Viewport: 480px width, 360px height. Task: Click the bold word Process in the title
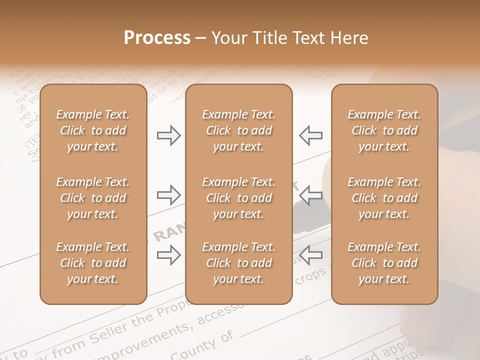pyautogui.click(x=157, y=38)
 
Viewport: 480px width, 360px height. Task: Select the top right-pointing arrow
pyautogui.click(x=169, y=135)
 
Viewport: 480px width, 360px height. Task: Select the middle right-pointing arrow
pyautogui.click(x=169, y=195)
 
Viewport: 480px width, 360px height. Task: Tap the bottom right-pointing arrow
pyautogui.click(x=169, y=255)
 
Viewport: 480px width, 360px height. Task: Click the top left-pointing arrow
pyautogui.click(x=310, y=135)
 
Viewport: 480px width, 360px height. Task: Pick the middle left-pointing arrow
pyautogui.click(x=310, y=195)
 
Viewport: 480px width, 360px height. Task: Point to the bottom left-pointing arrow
pyautogui.click(x=310, y=255)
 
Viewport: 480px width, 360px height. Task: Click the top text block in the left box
pyautogui.click(x=93, y=130)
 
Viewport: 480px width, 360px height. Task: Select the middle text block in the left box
pyautogui.click(x=93, y=198)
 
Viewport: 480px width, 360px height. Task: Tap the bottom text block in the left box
pyautogui.click(x=93, y=263)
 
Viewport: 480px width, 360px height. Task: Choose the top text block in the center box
pyautogui.click(x=239, y=130)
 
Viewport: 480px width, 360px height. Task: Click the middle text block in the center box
pyautogui.click(x=239, y=198)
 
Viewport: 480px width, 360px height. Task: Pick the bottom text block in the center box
pyautogui.click(x=239, y=263)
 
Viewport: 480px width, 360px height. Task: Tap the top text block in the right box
pyautogui.click(x=384, y=130)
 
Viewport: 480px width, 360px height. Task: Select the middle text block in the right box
pyautogui.click(x=384, y=198)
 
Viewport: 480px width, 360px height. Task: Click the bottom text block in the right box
pyautogui.click(x=384, y=263)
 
